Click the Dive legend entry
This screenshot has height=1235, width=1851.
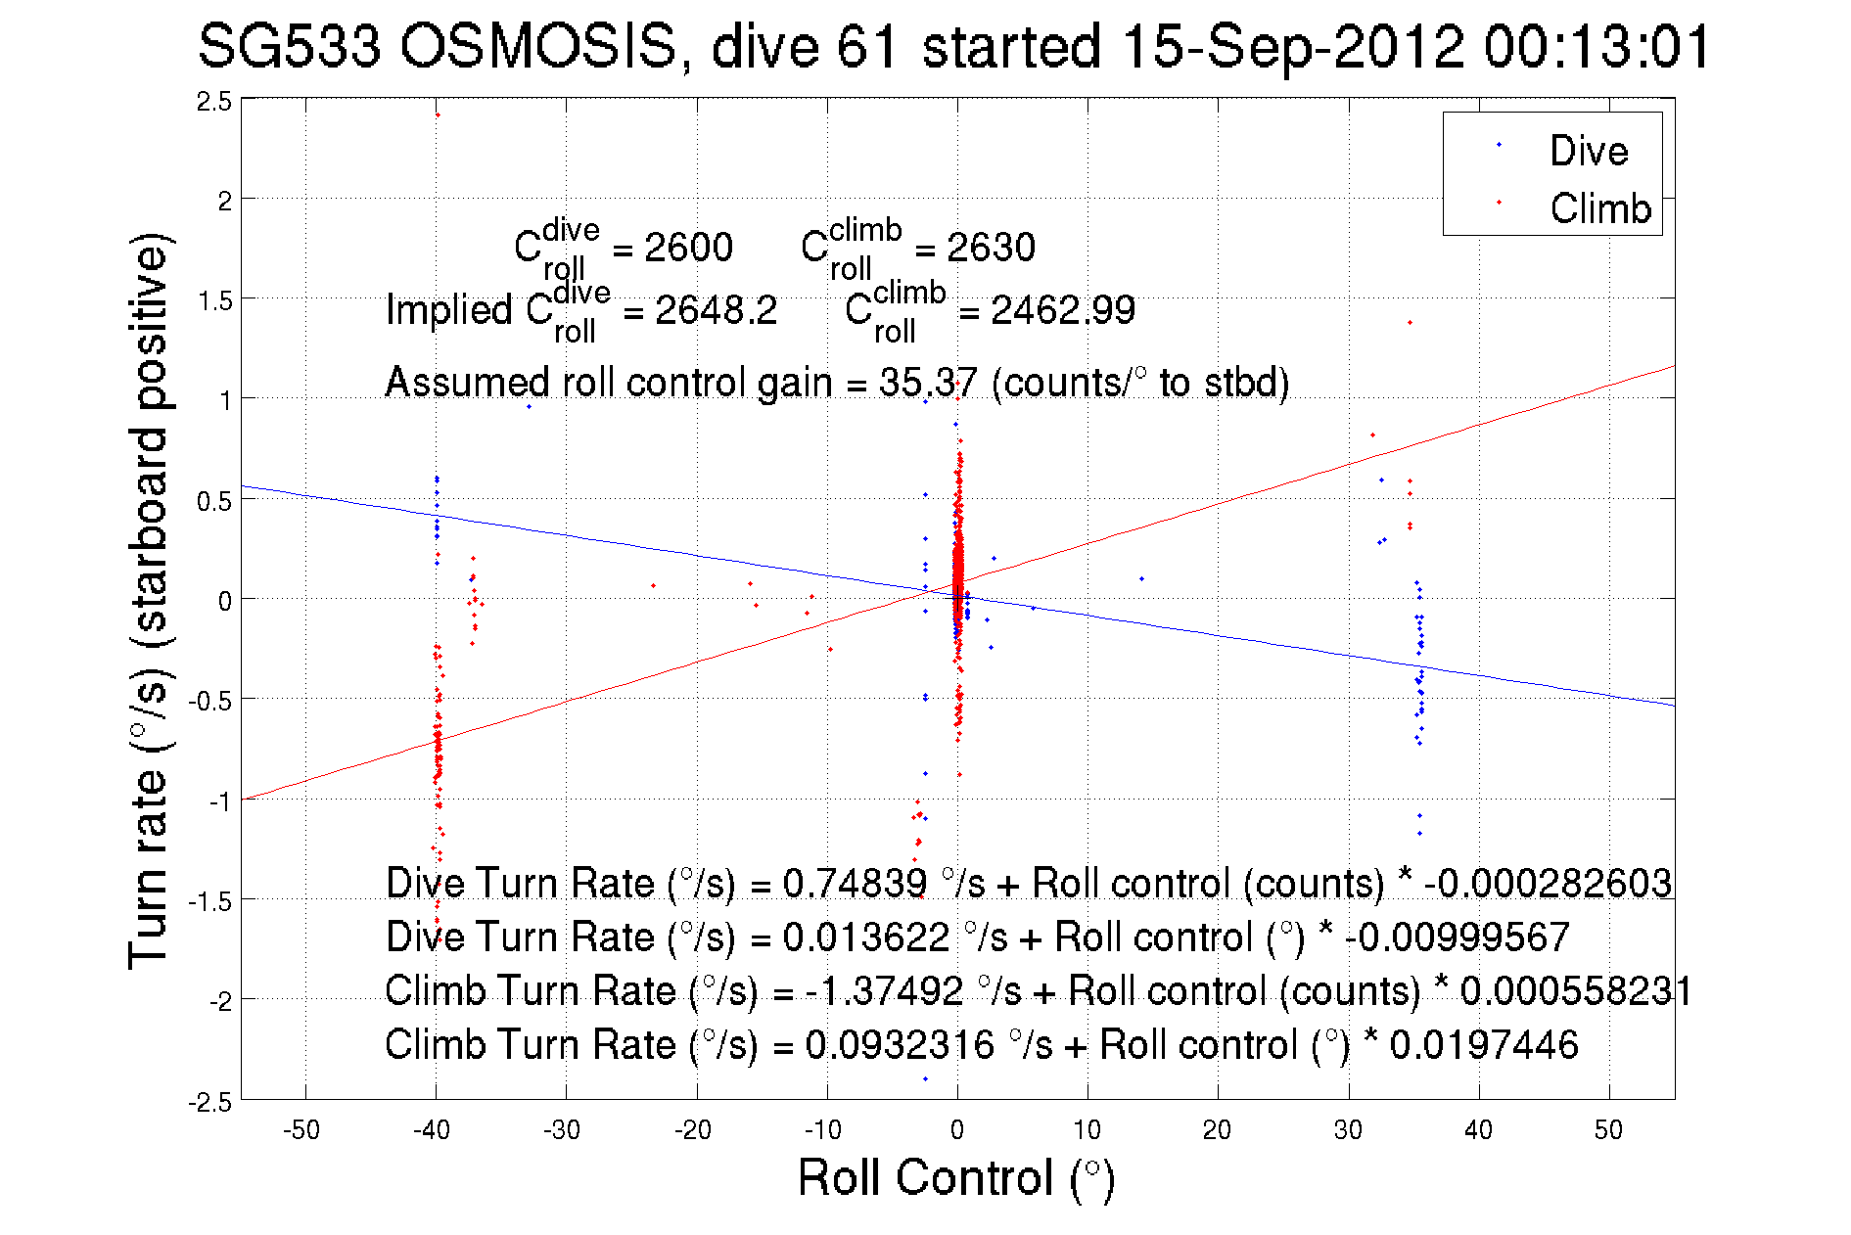1587,151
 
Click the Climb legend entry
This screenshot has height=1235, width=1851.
1599,208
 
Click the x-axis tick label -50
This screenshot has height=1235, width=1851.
301,1130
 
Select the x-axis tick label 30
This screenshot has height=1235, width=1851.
1348,1130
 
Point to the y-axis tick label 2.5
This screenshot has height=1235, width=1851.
214,102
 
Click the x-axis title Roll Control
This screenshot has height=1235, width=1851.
955,1177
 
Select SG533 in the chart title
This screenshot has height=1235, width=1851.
289,46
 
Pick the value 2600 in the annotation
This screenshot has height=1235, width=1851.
688,248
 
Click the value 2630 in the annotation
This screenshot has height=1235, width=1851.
991,248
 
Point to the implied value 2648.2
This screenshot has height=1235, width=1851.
716,310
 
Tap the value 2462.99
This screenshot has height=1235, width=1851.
1062,310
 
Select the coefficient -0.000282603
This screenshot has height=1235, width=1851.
1548,883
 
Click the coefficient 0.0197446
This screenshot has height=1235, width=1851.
1484,1044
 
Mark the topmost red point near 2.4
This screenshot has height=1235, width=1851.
438,115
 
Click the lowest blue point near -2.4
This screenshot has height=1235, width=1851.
926,1079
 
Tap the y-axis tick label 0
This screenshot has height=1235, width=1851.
225,601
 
